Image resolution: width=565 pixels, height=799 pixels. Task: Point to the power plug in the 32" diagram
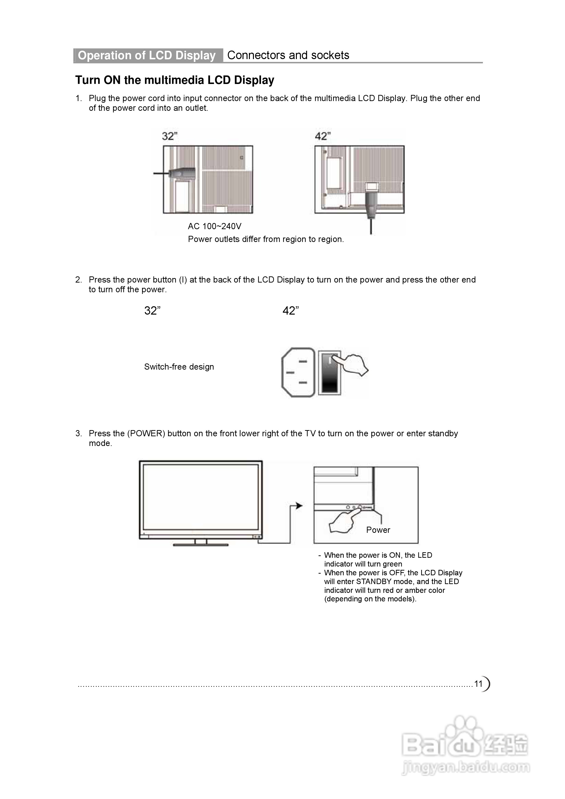click(x=181, y=173)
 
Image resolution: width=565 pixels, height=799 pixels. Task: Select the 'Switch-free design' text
click(x=179, y=367)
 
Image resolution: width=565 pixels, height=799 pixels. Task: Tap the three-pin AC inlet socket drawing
click(x=298, y=372)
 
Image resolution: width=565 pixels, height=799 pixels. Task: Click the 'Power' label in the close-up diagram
click(x=378, y=530)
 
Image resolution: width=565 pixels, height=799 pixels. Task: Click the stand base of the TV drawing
click(x=201, y=545)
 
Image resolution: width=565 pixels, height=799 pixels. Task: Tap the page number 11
click(x=478, y=683)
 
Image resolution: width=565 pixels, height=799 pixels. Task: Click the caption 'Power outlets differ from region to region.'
click(x=266, y=239)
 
